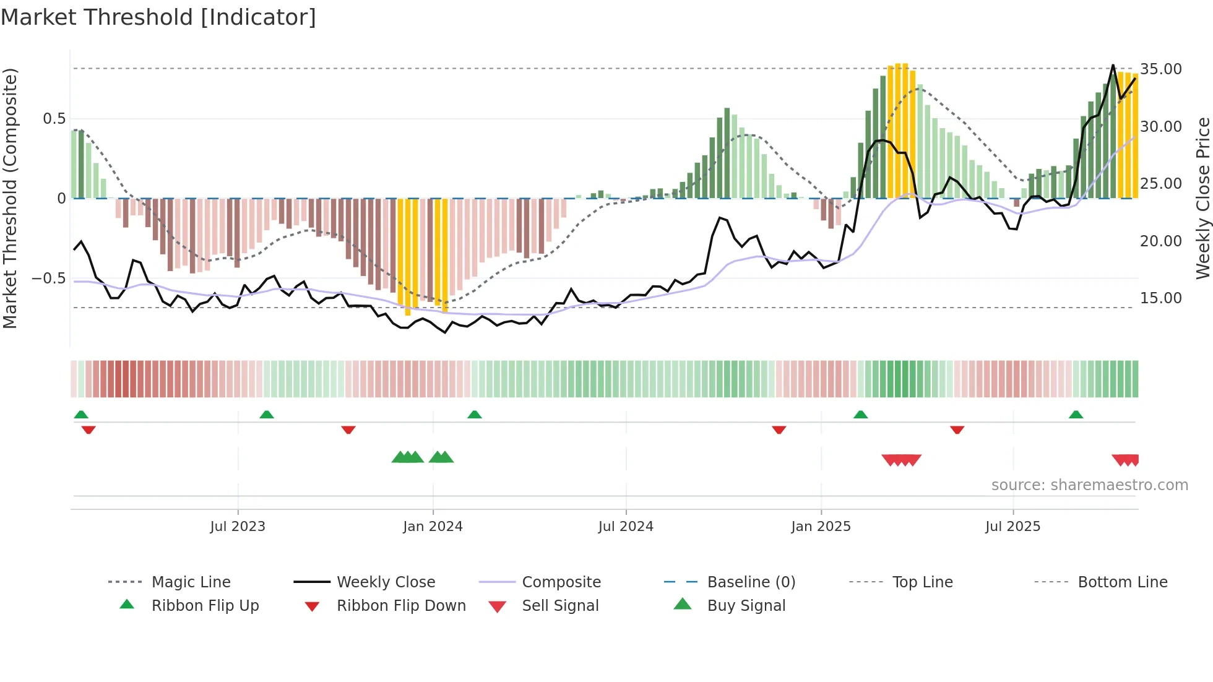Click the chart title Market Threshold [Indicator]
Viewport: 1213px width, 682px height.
158,17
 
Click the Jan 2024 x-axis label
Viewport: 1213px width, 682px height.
433,527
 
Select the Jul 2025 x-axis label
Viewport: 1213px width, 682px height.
1012,527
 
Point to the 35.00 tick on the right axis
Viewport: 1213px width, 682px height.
1160,69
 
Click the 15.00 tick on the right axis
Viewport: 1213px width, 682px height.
1160,298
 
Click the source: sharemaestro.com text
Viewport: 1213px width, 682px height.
1089,485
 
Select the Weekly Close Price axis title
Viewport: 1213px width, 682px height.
1202,198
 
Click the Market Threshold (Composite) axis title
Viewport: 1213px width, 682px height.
10,198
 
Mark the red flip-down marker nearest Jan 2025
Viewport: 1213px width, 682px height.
779,429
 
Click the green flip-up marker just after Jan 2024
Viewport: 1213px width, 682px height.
474,415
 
